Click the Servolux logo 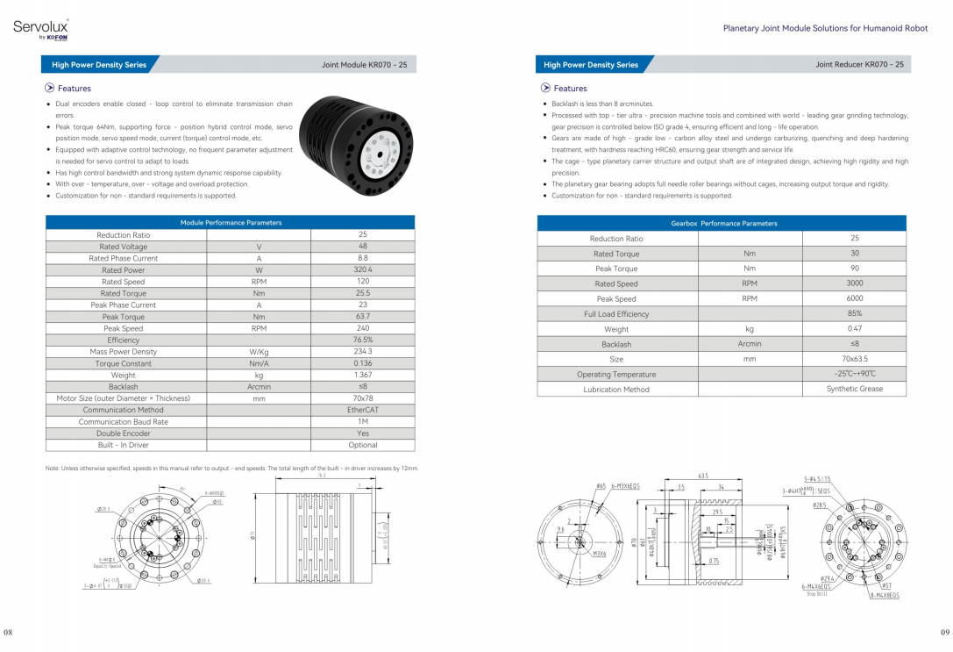[x=40, y=28]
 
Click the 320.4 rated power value [x=362, y=270]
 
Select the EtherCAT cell [x=362, y=410]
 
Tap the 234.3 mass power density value [x=362, y=352]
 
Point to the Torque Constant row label [x=124, y=363]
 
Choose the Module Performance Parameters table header [x=231, y=223]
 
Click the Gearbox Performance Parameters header [x=723, y=224]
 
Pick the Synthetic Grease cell [x=854, y=389]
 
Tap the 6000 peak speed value [x=854, y=299]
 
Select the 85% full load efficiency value [x=854, y=313]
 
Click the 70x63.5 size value [x=854, y=359]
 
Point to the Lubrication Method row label [x=616, y=390]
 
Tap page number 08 [x=8, y=632]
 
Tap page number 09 [x=944, y=632]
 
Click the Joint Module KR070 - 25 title [x=363, y=64]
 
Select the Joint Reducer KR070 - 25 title [x=859, y=64]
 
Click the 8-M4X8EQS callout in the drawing [x=884, y=596]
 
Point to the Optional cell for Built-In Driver [x=362, y=445]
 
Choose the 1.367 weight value [x=362, y=375]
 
